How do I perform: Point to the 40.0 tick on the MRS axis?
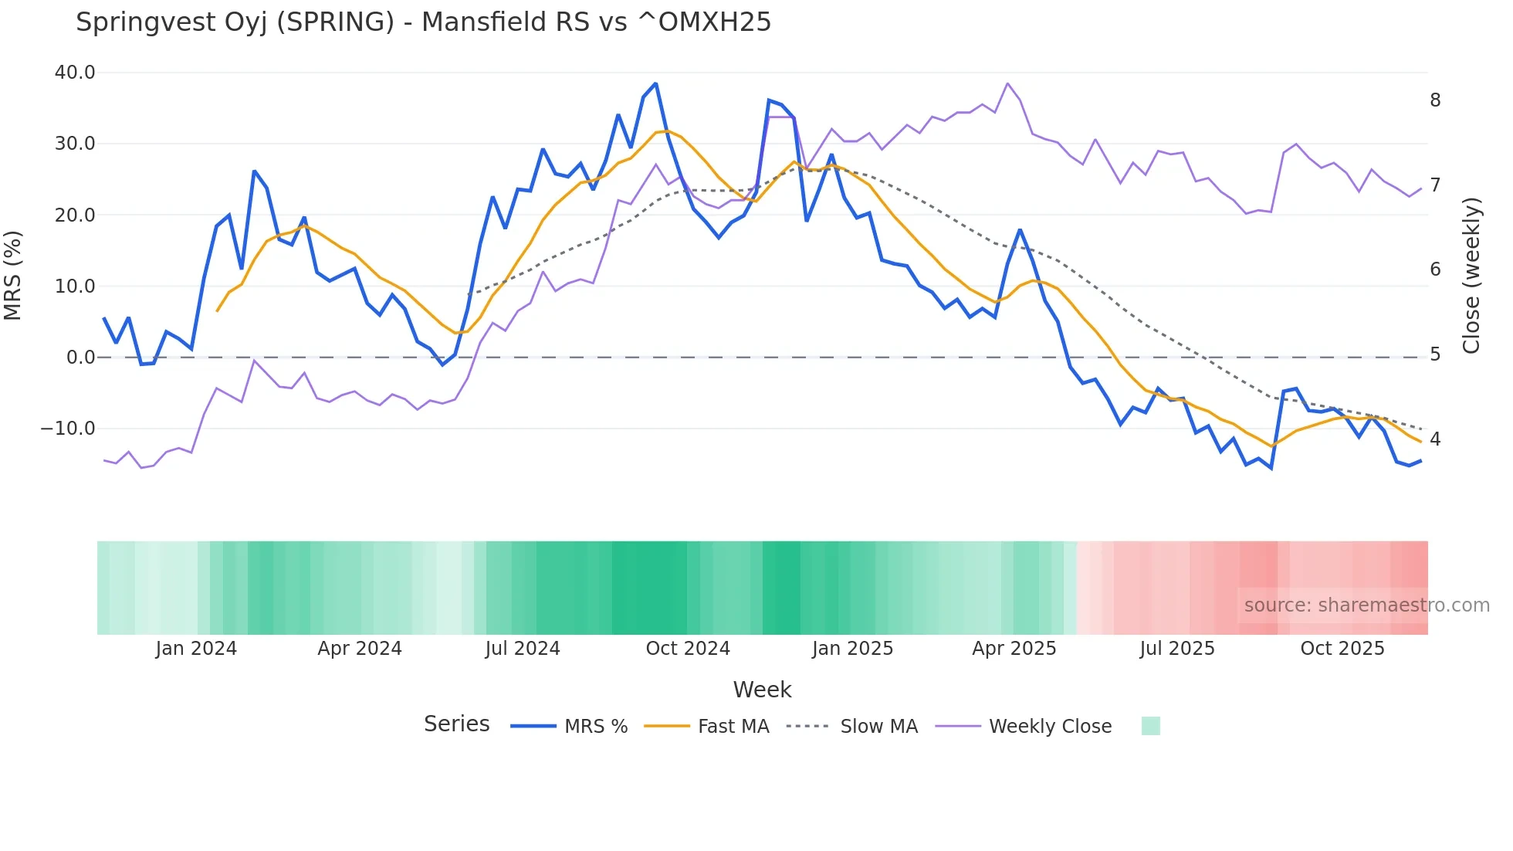coord(75,73)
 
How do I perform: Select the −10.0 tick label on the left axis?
coord(68,429)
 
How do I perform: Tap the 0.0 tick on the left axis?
coord(80,358)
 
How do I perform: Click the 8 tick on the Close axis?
coord(1435,100)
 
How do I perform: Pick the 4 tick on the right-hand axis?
coord(1435,439)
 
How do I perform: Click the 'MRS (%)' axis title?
coord(13,275)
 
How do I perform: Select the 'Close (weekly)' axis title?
coord(1471,275)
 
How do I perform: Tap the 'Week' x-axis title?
coord(762,690)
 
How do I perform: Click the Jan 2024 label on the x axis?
coord(196,649)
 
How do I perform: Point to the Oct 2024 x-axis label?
coord(688,649)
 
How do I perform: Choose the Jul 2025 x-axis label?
coord(1177,649)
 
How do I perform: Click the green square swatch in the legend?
coord(1150,726)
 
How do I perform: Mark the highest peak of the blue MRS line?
coord(655,83)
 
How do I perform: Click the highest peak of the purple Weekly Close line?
coord(1007,83)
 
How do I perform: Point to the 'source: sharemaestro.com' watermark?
coord(1366,605)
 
